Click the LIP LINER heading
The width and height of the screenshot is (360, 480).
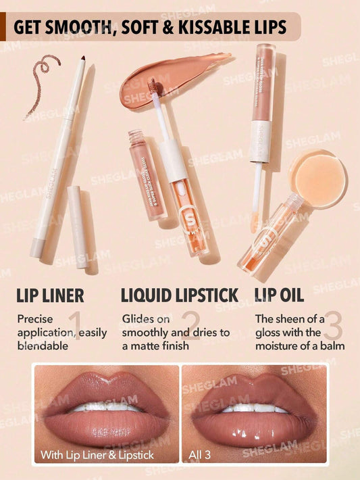pos(51,295)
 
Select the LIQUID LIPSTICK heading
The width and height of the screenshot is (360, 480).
pos(180,295)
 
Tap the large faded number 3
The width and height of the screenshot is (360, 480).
pos(332,326)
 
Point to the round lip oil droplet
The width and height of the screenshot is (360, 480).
pos(317,170)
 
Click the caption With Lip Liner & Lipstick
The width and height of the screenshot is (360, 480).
pos(97,455)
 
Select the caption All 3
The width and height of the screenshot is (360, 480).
pos(201,455)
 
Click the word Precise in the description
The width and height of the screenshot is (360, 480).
pos(34,318)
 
